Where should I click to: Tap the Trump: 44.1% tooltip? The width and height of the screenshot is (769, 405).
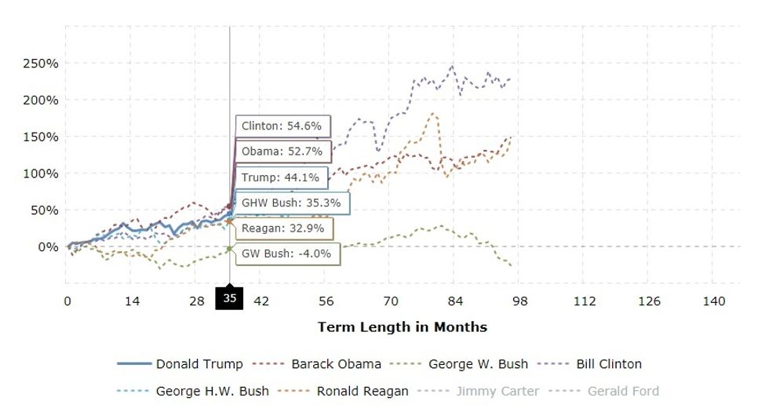[280, 177]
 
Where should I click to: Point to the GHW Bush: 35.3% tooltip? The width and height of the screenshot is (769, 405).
[291, 202]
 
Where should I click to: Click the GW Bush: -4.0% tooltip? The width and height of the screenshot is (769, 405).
[286, 254]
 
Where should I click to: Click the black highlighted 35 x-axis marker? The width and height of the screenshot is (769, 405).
[230, 298]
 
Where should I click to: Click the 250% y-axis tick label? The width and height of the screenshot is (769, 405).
[39, 64]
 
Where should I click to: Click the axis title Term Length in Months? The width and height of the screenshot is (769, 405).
[403, 327]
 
